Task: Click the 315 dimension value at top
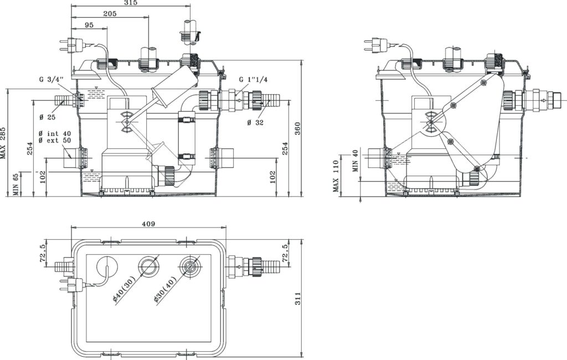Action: [x=131, y=3]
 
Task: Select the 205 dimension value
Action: [x=110, y=14]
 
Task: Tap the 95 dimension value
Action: [x=89, y=25]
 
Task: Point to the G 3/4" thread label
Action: [x=52, y=80]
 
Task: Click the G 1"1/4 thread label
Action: [x=253, y=80]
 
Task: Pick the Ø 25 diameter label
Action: [x=48, y=117]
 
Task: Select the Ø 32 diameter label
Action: [x=255, y=122]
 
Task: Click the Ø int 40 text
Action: [x=55, y=134]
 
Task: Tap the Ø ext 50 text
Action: [x=55, y=140]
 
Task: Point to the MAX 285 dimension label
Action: [x=3, y=143]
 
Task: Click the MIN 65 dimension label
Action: [x=16, y=184]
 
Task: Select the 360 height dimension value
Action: [x=297, y=129]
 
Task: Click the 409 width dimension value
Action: [x=148, y=224]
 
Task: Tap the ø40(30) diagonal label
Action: [x=123, y=289]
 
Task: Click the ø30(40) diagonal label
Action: [x=164, y=289]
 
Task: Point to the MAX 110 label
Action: [x=336, y=176]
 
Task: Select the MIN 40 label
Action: [x=355, y=160]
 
